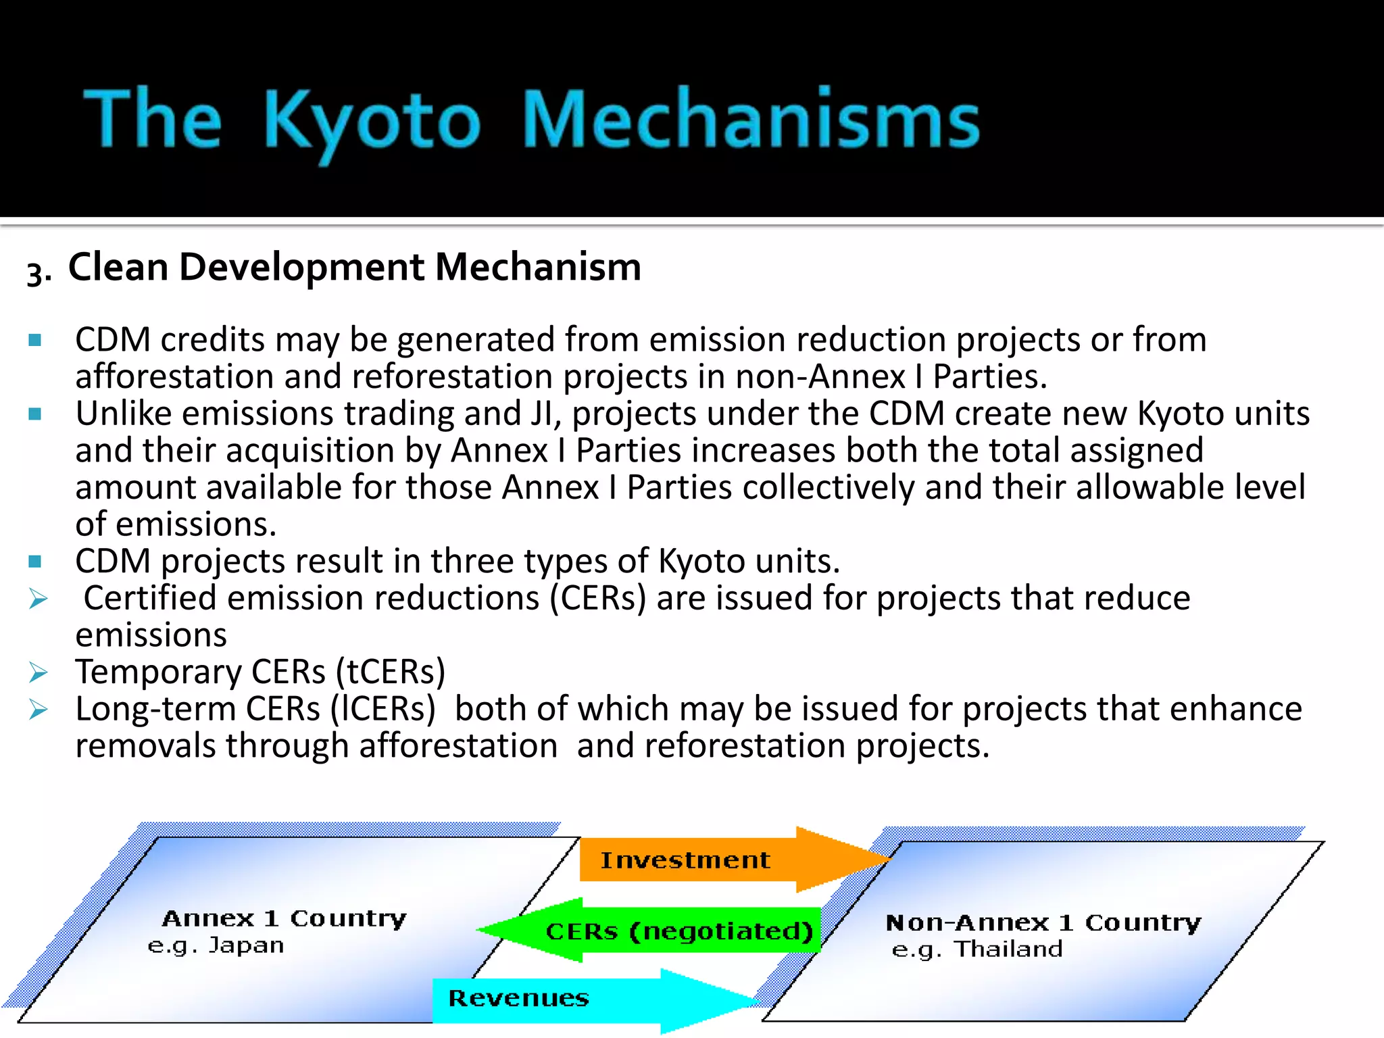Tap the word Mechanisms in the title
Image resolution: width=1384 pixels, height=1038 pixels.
[750, 120]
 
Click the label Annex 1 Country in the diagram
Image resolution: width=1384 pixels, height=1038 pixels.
[285, 918]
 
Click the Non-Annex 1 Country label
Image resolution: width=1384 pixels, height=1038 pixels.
[1043, 922]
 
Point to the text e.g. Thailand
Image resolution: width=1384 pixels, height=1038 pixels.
[977, 949]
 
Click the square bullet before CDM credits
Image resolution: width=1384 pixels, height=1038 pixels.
[36, 339]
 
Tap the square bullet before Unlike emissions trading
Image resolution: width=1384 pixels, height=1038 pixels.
[36, 414]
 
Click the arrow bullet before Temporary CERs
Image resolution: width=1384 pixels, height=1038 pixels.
[38, 672]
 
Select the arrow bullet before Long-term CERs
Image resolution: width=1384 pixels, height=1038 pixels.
[38, 710]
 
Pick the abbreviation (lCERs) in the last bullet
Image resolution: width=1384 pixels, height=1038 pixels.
[383, 710]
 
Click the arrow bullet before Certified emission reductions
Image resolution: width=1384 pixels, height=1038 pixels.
[38, 599]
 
